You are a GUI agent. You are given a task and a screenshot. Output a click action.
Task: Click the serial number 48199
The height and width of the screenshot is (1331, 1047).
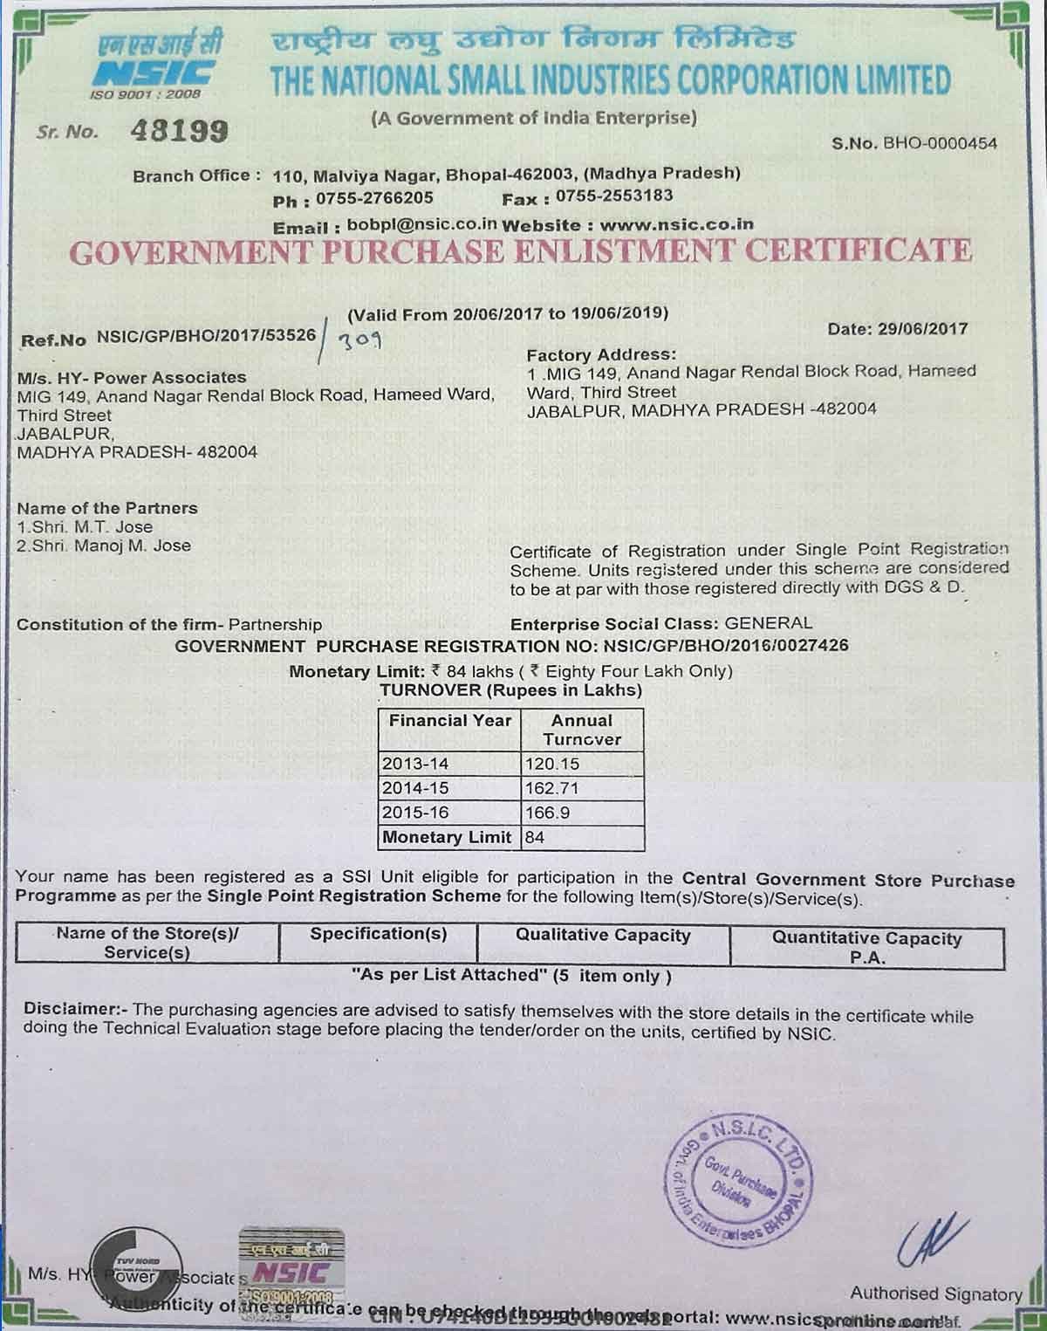(179, 131)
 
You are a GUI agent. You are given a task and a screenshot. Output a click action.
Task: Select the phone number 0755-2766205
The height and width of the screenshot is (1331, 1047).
(374, 198)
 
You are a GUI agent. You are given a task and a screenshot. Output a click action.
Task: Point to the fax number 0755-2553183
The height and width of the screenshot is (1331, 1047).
(614, 196)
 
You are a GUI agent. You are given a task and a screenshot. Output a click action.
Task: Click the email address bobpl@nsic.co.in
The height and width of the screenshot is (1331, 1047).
(421, 224)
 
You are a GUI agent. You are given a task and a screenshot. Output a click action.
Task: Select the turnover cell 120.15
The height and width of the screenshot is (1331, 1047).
(551, 764)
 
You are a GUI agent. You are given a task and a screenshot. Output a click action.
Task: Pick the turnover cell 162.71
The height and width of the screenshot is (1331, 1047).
(551, 788)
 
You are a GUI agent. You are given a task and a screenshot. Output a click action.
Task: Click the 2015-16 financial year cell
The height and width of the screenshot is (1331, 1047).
(415, 813)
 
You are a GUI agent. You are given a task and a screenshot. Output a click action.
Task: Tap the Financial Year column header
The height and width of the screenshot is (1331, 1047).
(450, 721)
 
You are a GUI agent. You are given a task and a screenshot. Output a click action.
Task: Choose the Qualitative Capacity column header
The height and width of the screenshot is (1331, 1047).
(603, 936)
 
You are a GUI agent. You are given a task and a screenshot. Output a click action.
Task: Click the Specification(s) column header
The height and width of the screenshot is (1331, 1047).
(379, 934)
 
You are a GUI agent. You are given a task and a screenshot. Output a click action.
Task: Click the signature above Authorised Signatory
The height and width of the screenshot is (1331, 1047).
(932, 1239)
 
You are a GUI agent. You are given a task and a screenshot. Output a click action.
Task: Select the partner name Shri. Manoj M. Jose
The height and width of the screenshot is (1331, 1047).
(111, 546)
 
